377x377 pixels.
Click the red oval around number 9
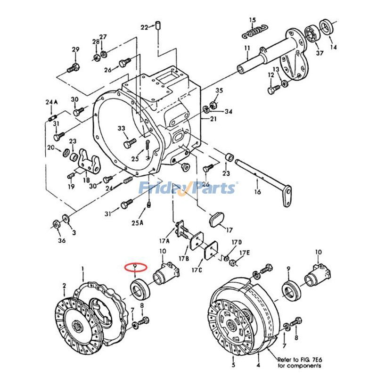(x=136, y=268)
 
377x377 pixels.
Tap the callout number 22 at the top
(x=144, y=26)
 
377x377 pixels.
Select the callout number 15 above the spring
(x=253, y=20)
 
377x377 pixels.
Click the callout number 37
(x=320, y=53)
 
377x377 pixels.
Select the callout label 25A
(x=137, y=222)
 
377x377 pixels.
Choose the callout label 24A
(x=51, y=102)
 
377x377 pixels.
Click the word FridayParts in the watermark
(x=188, y=188)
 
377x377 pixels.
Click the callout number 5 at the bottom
(x=233, y=365)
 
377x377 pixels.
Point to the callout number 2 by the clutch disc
(x=65, y=286)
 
